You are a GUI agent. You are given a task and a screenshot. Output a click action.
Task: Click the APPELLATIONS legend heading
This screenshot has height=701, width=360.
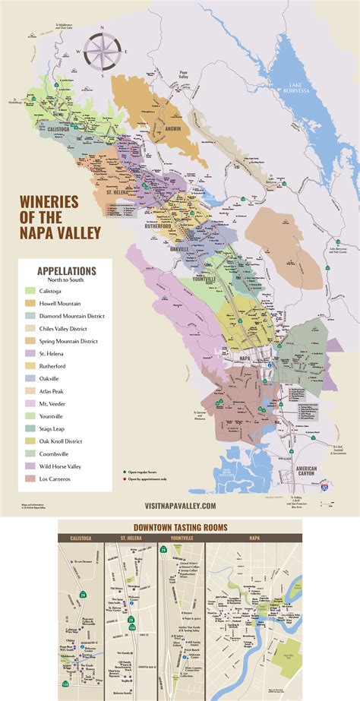(67, 270)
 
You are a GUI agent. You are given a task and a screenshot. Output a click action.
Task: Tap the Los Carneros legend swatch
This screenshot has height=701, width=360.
(30, 478)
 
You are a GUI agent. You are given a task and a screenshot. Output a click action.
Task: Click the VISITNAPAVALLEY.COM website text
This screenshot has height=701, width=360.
(180, 505)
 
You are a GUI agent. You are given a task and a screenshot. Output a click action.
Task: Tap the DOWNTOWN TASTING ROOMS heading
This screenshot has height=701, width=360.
(180, 526)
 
